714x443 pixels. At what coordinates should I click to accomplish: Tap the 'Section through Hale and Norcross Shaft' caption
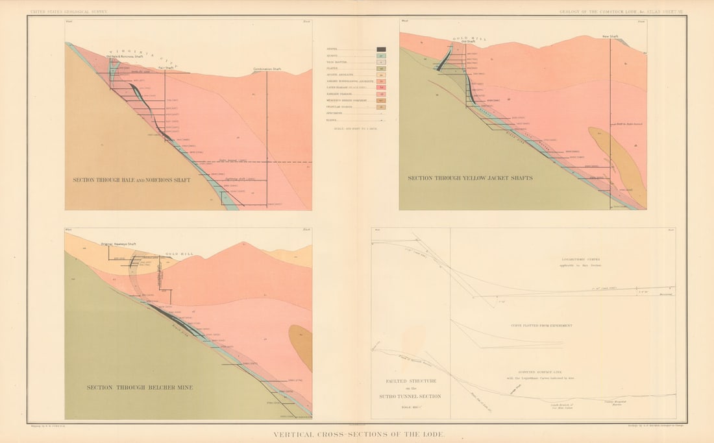pos(132,180)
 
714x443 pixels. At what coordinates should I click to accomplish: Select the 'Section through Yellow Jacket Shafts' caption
pos(470,178)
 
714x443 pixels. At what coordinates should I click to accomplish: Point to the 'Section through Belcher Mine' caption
pos(140,388)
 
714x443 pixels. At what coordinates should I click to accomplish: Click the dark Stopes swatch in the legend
pos(382,49)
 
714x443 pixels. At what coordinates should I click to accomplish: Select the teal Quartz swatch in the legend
pos(382,56)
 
